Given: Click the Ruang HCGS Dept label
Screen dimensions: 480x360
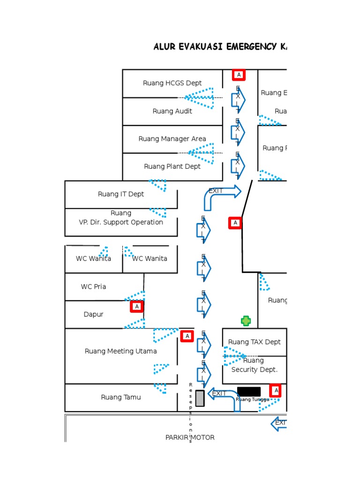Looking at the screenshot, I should pyautogui.click(x=172, y=83).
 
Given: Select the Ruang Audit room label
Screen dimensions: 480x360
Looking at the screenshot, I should pyautogui.click(x=172, y=111).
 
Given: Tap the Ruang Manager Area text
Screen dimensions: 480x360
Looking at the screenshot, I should pyautogui.click(x=172, y=139).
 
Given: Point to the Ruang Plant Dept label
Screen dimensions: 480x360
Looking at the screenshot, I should pyautogui.click(x=172, y=166).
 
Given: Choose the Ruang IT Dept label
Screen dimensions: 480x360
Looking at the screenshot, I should pyautogui.click(x=121, y=194).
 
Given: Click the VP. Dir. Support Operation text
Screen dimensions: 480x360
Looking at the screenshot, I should pyautogui.click(x=121, y=222).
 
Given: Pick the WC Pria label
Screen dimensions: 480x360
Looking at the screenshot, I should pyautogui.click(x=93, y=286).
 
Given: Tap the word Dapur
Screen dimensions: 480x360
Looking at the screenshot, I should pyautogui.click(x=93, y=314).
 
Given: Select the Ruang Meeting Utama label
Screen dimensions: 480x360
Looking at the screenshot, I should pyautogui.click(x=121, y=351).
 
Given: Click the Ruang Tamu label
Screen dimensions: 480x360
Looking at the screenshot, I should pyautogui.click(x=121, y=397).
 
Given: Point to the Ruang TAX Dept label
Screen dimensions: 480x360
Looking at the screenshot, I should pyautogui.click(x=254, y=342).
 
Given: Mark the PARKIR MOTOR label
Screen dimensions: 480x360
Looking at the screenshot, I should pyautogui.click(x=190, y=437).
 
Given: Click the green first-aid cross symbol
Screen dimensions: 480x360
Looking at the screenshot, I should pyautogui.click(x=246, y=321).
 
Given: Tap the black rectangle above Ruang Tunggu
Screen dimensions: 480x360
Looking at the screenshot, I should pyautogui.click(x=249, y=391).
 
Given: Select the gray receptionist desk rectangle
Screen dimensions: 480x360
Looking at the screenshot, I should pyautogui.click(x=200, y=398).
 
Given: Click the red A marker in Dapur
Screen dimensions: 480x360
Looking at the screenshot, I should pyautogui.click(x=137, y=307).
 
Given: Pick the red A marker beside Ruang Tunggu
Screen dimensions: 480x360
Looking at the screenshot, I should pyautogui.click(x=276, y=390).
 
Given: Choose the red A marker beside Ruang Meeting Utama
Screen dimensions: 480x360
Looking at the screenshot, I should pyautogui.click(x=187, y=336).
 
